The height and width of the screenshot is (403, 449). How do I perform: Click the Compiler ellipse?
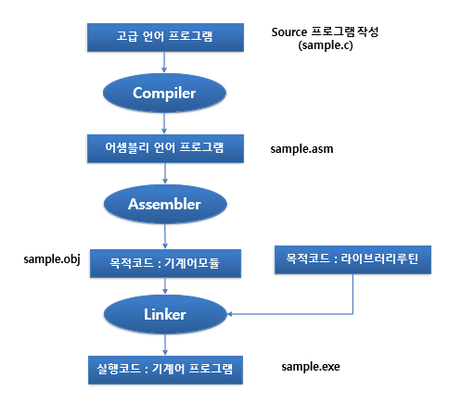(164, 93)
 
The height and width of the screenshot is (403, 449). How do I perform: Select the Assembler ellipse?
(165, 204)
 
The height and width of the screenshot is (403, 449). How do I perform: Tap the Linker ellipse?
(165, 314)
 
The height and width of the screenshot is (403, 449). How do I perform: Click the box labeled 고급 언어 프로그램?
(165, 37)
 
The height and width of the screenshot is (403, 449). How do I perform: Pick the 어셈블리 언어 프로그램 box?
(165, 148)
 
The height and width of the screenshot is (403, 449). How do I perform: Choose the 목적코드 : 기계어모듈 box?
(165, 263)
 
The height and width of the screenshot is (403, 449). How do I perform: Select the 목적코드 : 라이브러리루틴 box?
(353, 259)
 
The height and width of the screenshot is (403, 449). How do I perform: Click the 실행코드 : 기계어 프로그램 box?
(165, 370)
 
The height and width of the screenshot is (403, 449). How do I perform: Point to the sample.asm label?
(301, 149)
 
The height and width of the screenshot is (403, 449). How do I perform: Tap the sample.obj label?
(52, 259)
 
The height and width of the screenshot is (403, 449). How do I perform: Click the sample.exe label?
(311, 367)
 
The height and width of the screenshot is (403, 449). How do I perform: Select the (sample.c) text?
(326, 45)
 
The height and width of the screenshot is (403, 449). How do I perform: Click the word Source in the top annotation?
(289, 32)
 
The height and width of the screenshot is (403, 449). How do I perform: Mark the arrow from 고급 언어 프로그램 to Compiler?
(164, 62)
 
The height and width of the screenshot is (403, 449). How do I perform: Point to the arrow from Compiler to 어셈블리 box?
(164, 123)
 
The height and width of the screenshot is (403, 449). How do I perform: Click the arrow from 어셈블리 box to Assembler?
(165, 173)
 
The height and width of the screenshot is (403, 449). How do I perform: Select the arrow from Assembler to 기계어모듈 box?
(165, 236)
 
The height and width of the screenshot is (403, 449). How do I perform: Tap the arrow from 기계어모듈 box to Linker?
(165, 286)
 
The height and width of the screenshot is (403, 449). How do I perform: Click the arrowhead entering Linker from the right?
(229, 314)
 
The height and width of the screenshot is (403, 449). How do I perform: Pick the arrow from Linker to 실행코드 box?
(165, 345)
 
